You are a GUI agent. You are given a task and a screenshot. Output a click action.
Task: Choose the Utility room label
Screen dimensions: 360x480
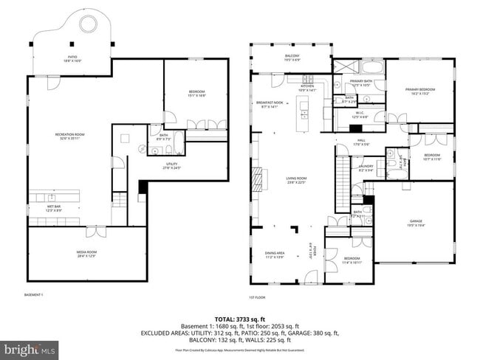(x=174, y=166)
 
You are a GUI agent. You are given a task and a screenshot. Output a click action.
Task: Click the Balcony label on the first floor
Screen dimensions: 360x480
(x=292, y=56)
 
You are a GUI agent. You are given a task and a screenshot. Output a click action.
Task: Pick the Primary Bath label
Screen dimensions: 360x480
(x=360, y=83)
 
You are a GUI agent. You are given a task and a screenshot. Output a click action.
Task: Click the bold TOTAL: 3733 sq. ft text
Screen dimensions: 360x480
(x=241, y=317)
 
